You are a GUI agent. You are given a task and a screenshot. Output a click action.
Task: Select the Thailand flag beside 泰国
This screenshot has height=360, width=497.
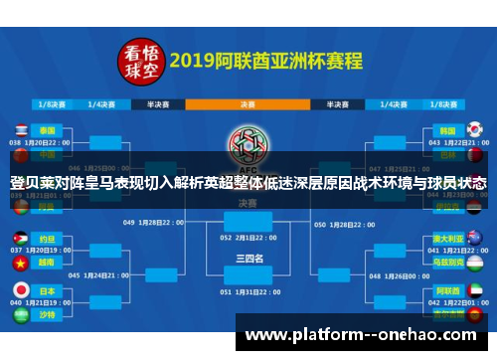pos(19,129)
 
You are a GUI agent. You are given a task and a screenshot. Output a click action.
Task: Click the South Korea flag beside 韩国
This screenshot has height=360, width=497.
pos(475,129)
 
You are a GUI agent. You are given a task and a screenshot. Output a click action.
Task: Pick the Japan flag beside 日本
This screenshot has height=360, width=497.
pos(19,289)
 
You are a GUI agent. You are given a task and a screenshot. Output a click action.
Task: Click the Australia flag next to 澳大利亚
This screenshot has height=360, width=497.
pos(475,240)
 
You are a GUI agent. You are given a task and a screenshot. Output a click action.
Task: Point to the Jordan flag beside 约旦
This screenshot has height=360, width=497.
pos(19,240)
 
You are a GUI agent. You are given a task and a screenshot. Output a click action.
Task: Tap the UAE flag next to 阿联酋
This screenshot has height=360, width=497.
pos(475,289)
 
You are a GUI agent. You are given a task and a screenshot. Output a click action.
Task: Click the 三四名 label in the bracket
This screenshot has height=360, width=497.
pos(248,258)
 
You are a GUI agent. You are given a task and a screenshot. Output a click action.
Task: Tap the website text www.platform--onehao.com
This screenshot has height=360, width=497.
pos(362,336)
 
